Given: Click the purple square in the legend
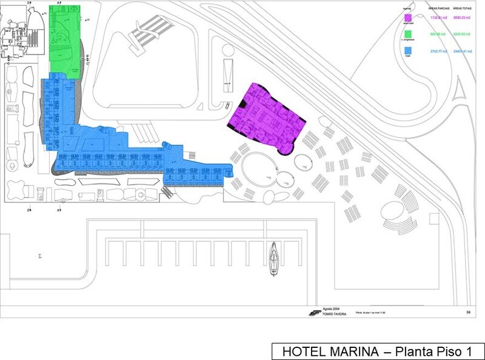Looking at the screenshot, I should coord(409,18).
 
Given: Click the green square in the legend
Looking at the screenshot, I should coord(409,34).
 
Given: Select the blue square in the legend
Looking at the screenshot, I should coord(409,50).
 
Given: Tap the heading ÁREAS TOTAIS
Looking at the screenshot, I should coord(462,8).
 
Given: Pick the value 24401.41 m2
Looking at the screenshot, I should coord(463,50).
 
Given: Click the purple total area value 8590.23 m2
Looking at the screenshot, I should coord(463,18).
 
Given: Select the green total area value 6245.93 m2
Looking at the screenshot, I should coord(463,34).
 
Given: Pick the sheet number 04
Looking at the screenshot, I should coord(468,313).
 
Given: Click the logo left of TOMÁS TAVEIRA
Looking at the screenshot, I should coord(313,313).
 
